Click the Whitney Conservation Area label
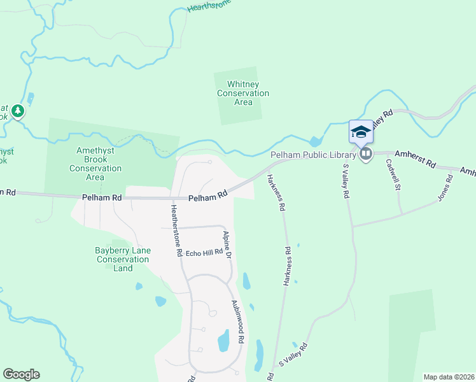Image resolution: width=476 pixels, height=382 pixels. tap(243, 93)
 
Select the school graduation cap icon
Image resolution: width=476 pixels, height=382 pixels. tap(361, 132)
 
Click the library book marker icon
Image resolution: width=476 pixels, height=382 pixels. tap(366, 154)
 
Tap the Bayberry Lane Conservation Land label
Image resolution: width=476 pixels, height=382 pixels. tap(123, 259)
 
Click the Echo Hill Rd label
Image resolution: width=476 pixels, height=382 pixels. tap(204, 251)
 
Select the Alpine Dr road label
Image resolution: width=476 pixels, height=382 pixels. tap(227, 244)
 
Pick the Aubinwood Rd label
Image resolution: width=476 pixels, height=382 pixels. tap(237, 322)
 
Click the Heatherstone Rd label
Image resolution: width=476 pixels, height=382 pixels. tap(176, 230)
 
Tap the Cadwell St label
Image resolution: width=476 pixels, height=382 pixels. tap(393, 174)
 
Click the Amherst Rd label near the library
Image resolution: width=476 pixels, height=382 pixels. tap(415, 159)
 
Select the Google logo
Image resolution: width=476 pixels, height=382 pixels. tap(21, 374)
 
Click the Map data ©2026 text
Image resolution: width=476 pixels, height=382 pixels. tap(449, 377)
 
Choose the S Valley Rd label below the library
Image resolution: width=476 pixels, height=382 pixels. tap(347, 181)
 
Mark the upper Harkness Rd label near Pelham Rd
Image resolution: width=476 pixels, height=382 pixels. tap(276, 192)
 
